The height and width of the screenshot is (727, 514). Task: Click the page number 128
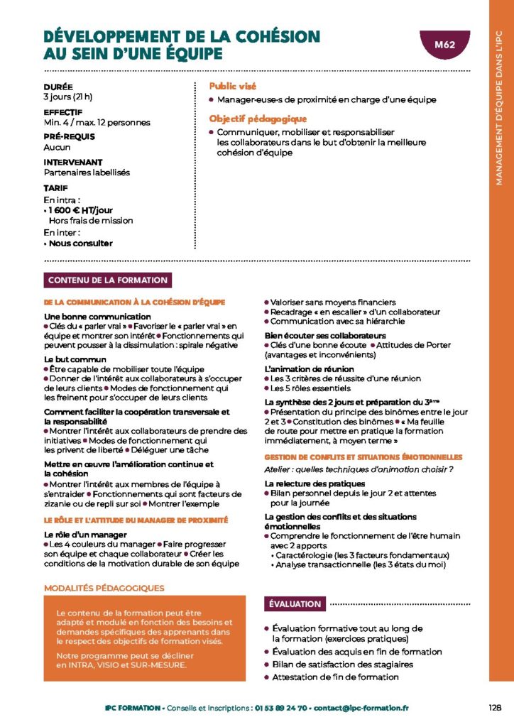[x=496, y=707]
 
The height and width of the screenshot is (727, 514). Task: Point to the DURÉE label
[x=58, y=87]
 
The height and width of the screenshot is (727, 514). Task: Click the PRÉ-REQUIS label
[x=69, y=136]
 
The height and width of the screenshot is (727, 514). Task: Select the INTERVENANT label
[x=73, y=162]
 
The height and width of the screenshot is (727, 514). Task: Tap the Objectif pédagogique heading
[x=257, y=119]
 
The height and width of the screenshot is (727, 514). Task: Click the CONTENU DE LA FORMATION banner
[x=108, y=280]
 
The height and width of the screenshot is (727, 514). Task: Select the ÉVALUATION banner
[x=295, y=604]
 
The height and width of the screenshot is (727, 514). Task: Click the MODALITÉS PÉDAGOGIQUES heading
[x=104, y=588]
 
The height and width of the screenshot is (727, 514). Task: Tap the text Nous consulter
[x=80, y=244]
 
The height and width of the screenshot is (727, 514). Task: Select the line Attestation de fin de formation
[x=335, y=677]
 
